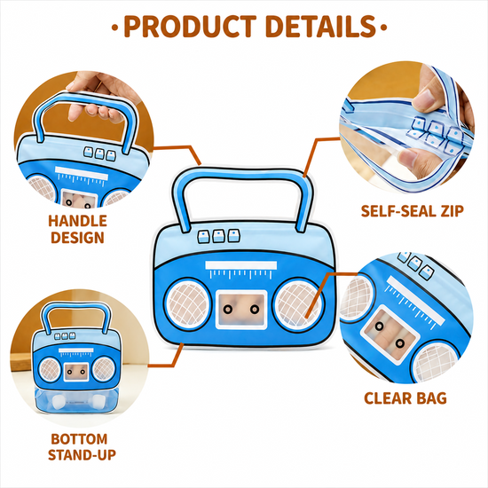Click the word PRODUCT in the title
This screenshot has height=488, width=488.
190,27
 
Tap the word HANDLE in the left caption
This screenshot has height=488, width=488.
77,221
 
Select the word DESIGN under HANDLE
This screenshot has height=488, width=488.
77,238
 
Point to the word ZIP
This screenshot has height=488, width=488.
452,211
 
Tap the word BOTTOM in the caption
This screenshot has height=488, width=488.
79,439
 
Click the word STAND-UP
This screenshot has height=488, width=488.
82,455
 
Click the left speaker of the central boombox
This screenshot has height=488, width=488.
187,304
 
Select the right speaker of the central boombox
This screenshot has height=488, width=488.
298,304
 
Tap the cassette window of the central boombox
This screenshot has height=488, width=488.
241,310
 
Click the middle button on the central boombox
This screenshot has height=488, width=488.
218,236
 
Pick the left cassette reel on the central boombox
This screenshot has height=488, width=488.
227,309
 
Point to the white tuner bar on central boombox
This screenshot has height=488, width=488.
240,265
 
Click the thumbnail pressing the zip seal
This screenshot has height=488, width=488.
422,97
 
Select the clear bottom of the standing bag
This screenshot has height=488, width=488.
75,401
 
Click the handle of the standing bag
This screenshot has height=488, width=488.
75,307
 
